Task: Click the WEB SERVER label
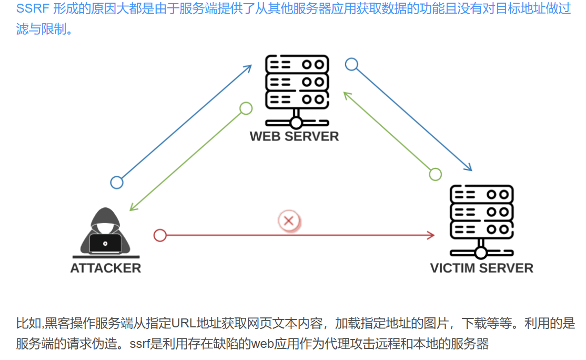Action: click(x=294, y=136)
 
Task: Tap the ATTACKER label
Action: click(x=106, y=268)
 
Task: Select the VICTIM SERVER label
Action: click(x=481, y=268)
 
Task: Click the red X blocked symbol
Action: click(x=288, y=221)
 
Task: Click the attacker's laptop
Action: click(x=105, y=243)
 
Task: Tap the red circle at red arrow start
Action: click(x=160, y=235)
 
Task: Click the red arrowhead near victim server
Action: click(x=431, y=235)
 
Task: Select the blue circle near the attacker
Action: click(x=117, y=183)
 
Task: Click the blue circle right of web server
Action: click(x=351, y=65)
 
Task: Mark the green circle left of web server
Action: click(x=246, y=108)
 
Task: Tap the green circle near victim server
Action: click(x=435, y=174)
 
